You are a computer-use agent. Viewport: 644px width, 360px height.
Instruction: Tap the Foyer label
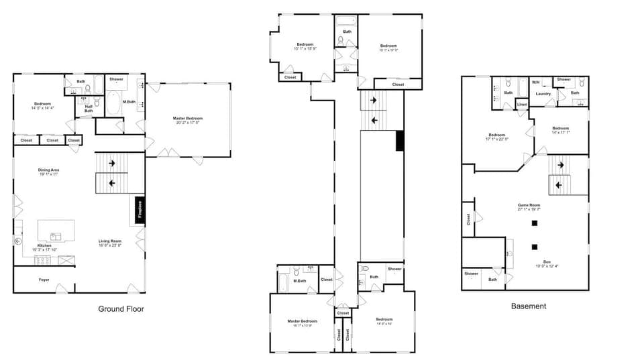click(x=44, y=280)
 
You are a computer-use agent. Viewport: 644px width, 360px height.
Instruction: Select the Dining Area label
click(x=48, y=170)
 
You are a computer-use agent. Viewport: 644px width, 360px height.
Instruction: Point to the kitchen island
click(x=56, y=230)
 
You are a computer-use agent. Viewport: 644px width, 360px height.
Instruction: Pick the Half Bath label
click(x=89, y=109)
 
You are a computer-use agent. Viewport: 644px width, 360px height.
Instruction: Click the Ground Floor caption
click(x=121, y=309)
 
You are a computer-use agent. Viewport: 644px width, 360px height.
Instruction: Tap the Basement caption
click(x=529, y=306)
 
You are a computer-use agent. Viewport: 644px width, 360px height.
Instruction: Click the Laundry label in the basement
click(x=543, y=94)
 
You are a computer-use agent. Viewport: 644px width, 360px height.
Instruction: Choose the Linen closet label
click(x=522, y=105)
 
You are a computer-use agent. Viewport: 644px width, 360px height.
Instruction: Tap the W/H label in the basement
click(x=535, y=82)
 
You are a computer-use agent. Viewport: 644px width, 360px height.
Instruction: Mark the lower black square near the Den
click(x=535, y=245)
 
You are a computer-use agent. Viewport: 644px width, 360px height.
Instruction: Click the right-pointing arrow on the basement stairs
click(x=560, y=165)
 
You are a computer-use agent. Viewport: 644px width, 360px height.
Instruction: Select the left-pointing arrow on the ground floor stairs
click(x=111, y=182)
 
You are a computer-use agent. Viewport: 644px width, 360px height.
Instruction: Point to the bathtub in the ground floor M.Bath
click(x=112, y=104)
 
